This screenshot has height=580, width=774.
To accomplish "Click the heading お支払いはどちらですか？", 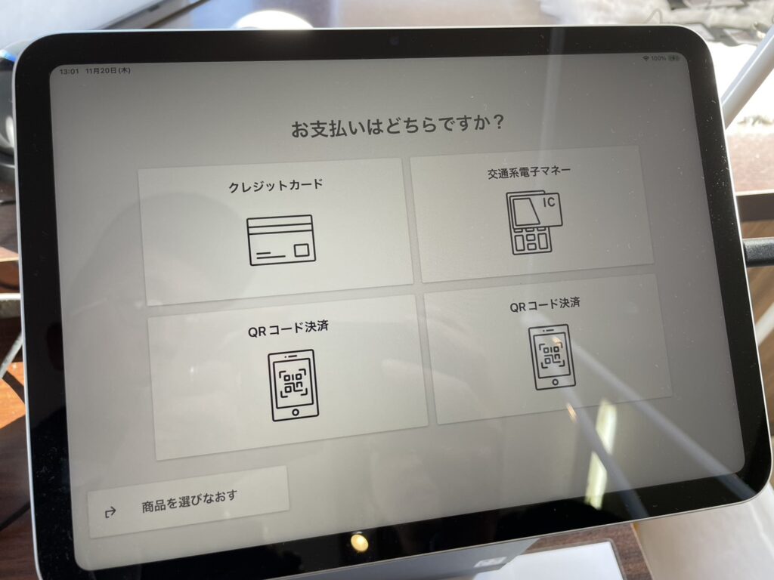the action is click(398, 126).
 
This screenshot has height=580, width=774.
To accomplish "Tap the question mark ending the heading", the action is click(497, 122).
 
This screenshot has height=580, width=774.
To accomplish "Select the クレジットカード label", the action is click(276, 186).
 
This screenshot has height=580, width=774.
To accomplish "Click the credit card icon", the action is click(281, 240).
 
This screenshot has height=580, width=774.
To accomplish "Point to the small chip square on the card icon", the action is click(302, 250).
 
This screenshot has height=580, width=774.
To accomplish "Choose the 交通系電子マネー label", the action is click(528, 172).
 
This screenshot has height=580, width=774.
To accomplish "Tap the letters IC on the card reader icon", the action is click(550, 202).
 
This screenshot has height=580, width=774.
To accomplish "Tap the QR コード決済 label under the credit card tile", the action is click(288, 329).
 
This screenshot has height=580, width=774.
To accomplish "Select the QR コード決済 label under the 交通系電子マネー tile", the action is click(545, 305).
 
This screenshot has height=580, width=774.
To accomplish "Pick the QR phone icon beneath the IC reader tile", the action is click(552, 357).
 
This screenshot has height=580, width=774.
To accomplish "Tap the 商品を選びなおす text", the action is click(190, 501).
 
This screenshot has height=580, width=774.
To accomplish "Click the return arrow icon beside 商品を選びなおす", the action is click(110, 512).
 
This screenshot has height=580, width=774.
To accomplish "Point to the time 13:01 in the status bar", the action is click(69, 72).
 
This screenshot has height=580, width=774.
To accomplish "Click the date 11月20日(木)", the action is click(108, 71).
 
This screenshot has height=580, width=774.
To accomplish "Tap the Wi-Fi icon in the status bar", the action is click(646, 59).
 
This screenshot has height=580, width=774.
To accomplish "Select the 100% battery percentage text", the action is click(658, 59).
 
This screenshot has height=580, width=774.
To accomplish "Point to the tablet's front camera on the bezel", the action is click(394, 42).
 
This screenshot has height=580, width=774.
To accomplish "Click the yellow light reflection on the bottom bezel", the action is click(360, 542).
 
